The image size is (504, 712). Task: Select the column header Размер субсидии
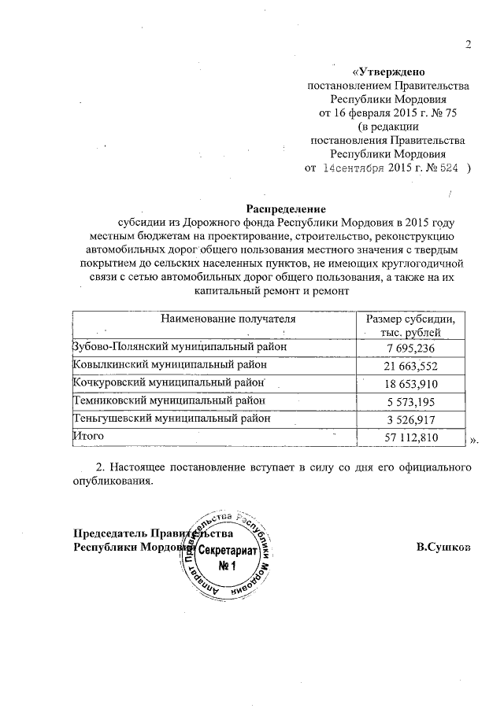[x=411, y=319]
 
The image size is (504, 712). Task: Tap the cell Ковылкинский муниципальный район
[x=170, y=364]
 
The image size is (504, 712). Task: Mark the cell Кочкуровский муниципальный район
[x=168, y=382]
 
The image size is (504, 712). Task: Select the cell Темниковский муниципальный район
[x=169, y=400]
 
